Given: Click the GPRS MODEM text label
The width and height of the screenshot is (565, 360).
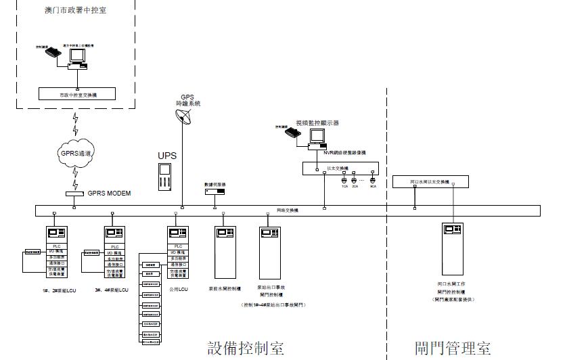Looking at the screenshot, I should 109,194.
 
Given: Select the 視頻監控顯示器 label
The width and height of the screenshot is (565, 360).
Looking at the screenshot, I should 317,123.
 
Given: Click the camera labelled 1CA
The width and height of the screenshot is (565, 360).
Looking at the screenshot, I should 344,181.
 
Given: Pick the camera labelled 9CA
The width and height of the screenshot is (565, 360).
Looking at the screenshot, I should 372,181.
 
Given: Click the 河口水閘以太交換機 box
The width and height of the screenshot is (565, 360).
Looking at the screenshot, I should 430,182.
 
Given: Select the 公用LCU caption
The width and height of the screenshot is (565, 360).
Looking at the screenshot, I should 179,289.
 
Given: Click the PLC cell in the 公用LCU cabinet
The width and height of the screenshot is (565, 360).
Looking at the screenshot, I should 179,246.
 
